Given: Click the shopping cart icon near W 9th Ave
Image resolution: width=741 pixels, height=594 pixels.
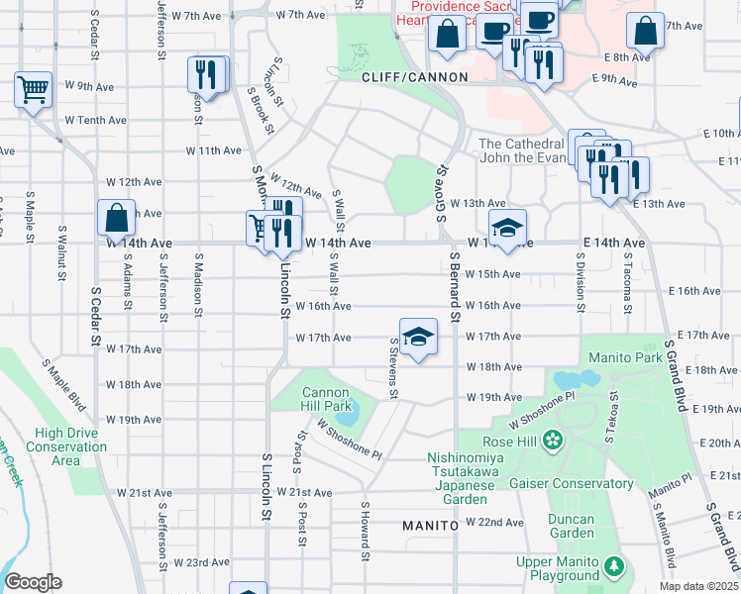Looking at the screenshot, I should pos(33,90).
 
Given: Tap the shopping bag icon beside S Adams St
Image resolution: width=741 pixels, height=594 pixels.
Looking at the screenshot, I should pos(116,219).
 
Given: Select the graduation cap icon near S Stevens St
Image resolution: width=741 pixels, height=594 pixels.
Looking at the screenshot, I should pos(418,337).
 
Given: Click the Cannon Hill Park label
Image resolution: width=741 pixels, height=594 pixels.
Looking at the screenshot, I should pos(326,399).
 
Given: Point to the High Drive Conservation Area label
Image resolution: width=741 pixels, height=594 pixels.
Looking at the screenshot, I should pos(70,446).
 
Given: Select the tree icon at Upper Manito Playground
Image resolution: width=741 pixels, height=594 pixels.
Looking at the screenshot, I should pos(616,567).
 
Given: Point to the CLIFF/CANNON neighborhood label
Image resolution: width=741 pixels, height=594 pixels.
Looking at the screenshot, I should pos(401,77).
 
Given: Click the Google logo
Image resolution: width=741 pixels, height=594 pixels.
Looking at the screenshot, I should pos(33,582).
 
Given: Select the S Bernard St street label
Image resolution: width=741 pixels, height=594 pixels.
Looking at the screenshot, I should pos(455,287).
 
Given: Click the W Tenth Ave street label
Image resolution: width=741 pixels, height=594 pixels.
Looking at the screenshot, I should pos(95,120).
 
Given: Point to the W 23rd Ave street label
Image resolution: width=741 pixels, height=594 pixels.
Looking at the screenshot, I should pos(202,561).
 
